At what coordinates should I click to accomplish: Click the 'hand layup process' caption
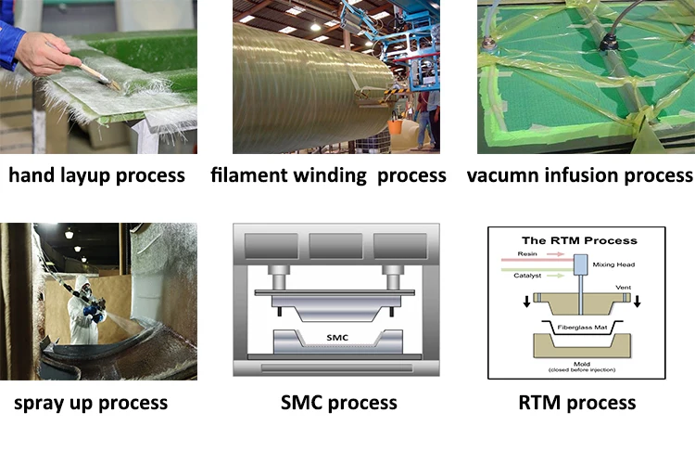[x=96, y=175]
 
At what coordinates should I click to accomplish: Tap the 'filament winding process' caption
[x=328, y=175]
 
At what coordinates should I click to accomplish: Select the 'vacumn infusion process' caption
[x=580, y=175]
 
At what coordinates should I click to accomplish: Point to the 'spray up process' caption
[x=91, y=403]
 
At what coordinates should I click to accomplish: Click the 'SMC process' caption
[x=339, y=403]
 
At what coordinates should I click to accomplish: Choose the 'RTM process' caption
[x=577, y=403]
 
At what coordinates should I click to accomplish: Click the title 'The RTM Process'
[x=579, y=240]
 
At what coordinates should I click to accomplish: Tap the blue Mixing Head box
[x=580, y=264]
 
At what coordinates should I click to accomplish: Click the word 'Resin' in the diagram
[x=527, y=254]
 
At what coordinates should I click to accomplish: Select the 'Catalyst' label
[x=527, y=276]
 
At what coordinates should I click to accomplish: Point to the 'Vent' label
[x=624, y=288]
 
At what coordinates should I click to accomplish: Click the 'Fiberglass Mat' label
[x=582, y=328]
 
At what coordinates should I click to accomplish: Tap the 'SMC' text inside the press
[x=337, y=338]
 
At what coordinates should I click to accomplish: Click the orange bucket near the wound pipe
[x=395, y=126]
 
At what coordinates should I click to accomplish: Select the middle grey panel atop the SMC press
[x=335, y=246]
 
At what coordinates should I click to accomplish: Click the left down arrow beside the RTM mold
[x=526, y=302]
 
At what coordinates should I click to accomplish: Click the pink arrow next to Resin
[x=555, y=254]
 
